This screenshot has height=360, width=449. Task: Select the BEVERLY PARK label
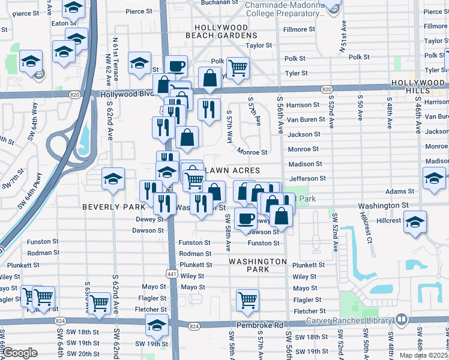(114, 206)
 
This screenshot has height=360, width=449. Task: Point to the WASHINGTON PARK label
(258, 266)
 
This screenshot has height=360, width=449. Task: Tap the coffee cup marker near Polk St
(176, 67)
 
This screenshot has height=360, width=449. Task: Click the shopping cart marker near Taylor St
(238, 68)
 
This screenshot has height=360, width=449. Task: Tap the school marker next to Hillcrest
(415, 222)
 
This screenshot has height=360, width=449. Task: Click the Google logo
(20, 353)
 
